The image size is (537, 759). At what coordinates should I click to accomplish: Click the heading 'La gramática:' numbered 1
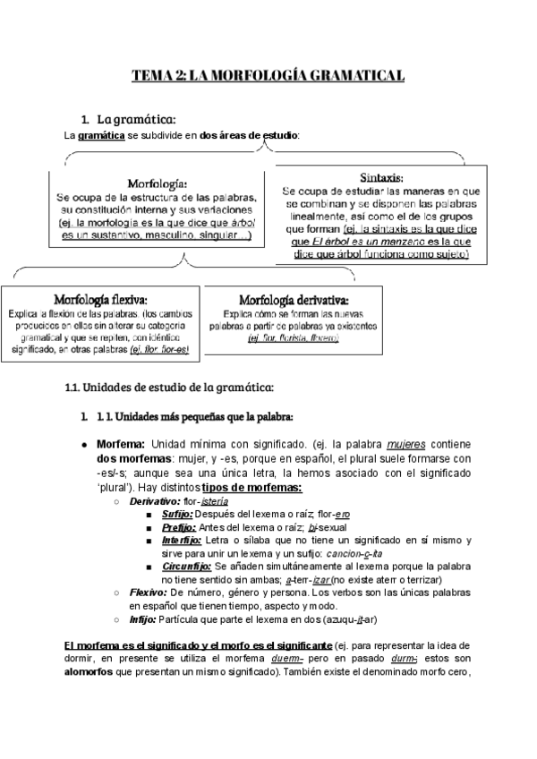click(x=135, y=119)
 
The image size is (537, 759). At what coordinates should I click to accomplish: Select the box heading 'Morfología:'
click(x=157, y=183)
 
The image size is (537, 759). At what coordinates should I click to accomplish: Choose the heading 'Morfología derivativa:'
click(x=294, y=299)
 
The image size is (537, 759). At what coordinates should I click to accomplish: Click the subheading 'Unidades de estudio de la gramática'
click(x=169, y=387)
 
